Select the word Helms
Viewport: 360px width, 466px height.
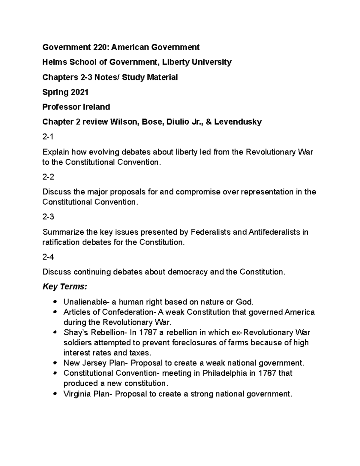[x=55, y=62]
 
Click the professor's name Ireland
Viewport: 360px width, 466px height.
[x=96, y=107]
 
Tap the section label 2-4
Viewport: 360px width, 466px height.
[x=48, y=257]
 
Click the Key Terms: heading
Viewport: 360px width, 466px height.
[x=65, y=287]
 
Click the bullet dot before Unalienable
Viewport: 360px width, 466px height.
[x=55, y=302]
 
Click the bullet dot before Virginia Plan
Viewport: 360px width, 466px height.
[x=55, y=394]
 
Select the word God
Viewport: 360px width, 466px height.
[x=242, y=302]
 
